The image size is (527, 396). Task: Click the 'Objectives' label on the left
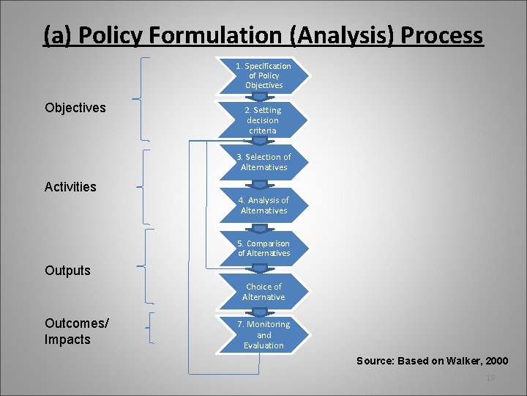click(x=75, y=108)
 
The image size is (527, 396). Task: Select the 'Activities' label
click(x=70, y=187)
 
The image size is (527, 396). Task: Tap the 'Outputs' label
click(x=67, y=271)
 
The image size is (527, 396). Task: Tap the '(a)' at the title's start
click(x=56, y=35)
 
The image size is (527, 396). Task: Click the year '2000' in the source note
click(x=495, y=361)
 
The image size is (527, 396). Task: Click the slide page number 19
click(x=491, y=377)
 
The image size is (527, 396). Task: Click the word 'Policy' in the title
click(x=112, y=35)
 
